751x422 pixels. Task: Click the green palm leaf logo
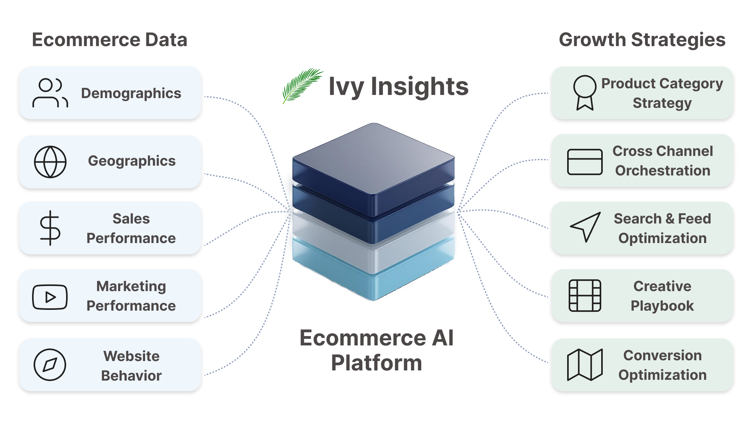[x=303, y=86]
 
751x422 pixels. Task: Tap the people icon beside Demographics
[x=50, y=93]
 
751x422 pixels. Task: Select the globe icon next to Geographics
[x=50, y=162]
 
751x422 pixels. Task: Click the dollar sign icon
[x=50, y=228]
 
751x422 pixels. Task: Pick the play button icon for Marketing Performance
[x=50, y=297]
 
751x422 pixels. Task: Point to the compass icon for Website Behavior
[x=50, y=365]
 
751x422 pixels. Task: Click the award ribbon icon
[x=585, y=93]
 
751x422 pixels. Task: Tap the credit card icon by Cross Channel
[x=585, y=162]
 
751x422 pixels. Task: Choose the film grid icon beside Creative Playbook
[x=585, y=296]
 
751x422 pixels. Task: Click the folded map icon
[x=585, y=365]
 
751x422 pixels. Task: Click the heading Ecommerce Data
[x=110, y=40]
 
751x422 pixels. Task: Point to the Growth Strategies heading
[x=642, y=40]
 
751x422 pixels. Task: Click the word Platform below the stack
[x=377, y=363]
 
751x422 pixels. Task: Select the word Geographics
[x=132, y=161]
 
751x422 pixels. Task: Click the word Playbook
[x=662, y=306]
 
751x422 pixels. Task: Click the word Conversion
[x=663, y=356]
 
